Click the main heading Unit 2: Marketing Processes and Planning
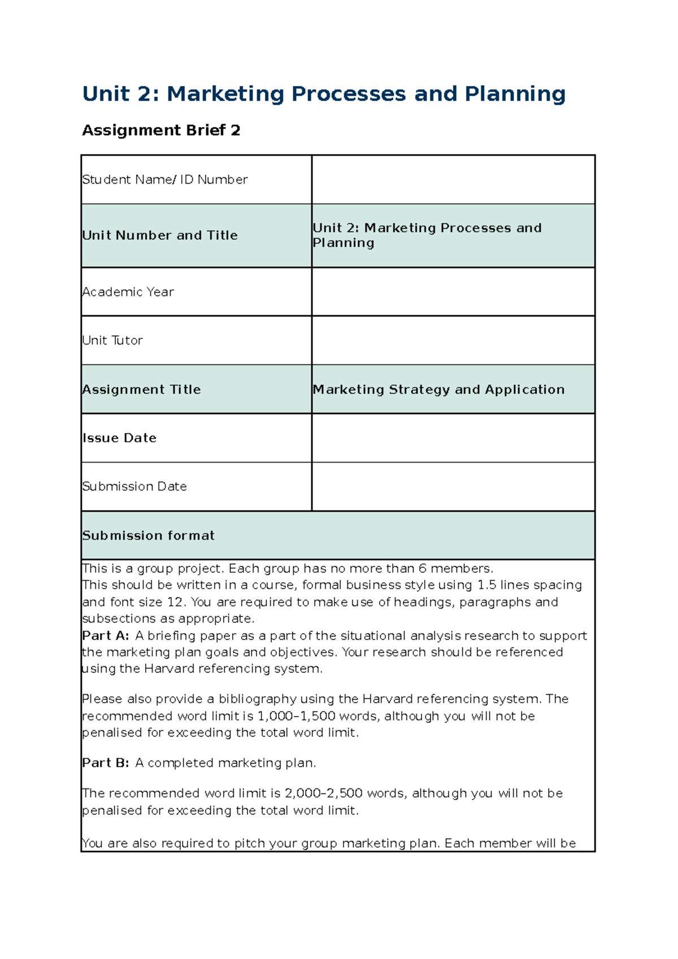tap(323, 94)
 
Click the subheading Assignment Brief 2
tap(161, 130)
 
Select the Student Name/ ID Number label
tap(165, 180)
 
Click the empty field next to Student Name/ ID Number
tap(453, 180)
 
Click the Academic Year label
tap(128, 292)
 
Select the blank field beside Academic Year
tap(453, 292)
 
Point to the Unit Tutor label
tap(112, 341)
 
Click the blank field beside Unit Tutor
tap(453, 341)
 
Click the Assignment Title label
tap(141, 390)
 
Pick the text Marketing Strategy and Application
tap(438, 390)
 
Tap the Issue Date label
tap(119, 438)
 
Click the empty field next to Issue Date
tap(453, 438)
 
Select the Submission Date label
tap(134, 487)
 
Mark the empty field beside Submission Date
tap(453, 487)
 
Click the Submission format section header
tap(149, 536)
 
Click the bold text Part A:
tap(106, 636)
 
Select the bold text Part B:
tap(106, 763)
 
